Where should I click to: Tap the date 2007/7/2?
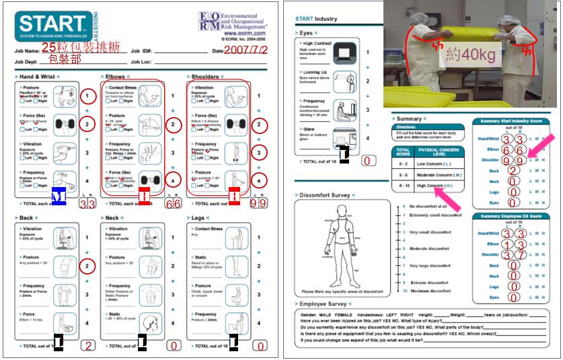tap(246, 50)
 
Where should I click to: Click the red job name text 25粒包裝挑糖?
tap(80, 47)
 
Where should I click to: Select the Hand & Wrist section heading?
tap(40, 77)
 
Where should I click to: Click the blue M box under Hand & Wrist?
tap(59, 196)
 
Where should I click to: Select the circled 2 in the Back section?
tap(88, 266)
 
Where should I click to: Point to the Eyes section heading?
tap(307, 32)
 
